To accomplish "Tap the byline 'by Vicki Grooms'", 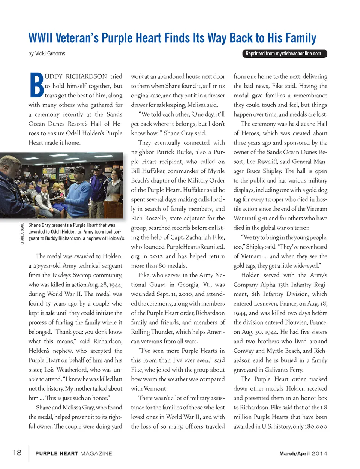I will point(47,54).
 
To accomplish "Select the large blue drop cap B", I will point(36,85).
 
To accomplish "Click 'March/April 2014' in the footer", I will point(303,453).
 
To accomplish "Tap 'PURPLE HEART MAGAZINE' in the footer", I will point(73,453).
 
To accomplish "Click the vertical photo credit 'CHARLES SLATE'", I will point(22,234).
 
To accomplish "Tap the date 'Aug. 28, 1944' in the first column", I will point(105,285).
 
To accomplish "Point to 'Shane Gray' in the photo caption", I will point(39,225).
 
